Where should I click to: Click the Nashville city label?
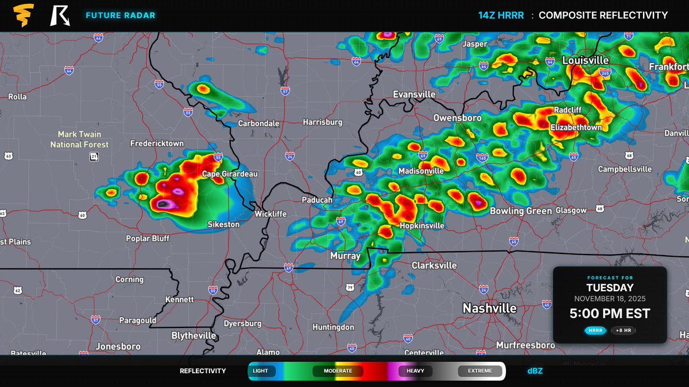[490, 308]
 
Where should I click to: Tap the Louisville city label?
[585, 60]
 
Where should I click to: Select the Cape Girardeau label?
[230, 174]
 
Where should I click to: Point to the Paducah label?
[317, 200]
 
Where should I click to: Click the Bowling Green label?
[520, 211]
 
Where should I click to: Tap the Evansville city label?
[414, 94]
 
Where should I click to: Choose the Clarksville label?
[434, 265]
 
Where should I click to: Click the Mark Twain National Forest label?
[79, 139]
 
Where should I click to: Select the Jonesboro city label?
[118, 346]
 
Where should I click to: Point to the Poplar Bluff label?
[148, 238]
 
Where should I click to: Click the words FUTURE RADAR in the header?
[120, 15]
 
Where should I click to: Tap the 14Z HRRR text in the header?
[501, 15]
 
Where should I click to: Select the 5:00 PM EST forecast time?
[610, 314]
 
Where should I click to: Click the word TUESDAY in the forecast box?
[610, 288]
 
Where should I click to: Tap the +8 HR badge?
[623, 330]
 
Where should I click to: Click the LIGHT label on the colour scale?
[260, 371]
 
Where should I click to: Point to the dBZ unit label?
[535, 371]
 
